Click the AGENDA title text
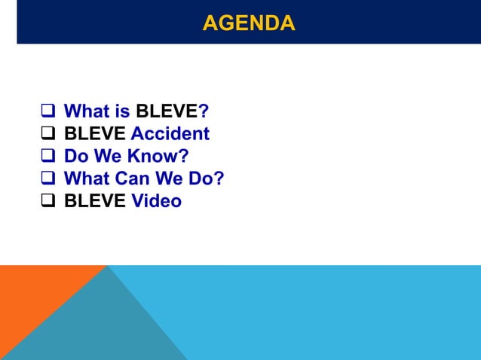(248, 23)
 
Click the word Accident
(170, 134)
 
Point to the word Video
(156, 202)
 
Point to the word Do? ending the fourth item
(207, 179)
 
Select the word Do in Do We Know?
(77, 157)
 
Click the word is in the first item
(123, 112)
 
